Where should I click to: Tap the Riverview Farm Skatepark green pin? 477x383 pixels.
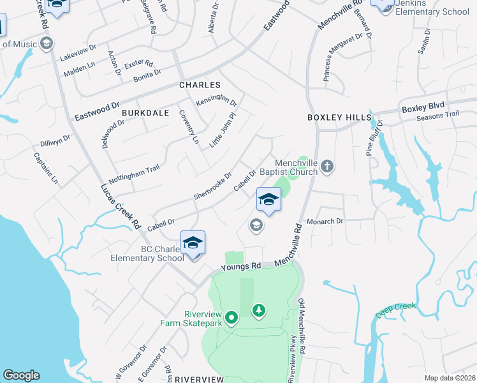coord(231,316)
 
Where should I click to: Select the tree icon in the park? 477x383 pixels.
coord(258,311)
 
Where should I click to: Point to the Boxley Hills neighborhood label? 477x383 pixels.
coord(339,117)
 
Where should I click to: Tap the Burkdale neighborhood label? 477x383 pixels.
coord(145,113)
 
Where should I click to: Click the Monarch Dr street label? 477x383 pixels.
coord(325,221)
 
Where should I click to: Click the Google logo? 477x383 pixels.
coord(21,375)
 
